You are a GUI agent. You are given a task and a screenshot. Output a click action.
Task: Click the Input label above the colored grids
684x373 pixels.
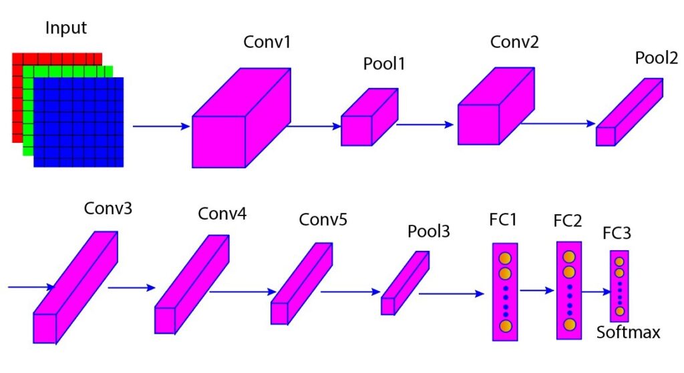coord(66,29)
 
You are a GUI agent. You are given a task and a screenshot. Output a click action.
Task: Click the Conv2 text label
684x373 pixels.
coord(514,42)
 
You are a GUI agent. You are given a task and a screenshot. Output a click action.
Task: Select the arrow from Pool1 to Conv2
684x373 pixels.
coord(425,124)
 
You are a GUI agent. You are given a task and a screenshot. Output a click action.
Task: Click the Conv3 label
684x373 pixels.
coord(108,208)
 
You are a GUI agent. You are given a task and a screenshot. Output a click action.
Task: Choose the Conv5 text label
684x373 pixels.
coord(323,220)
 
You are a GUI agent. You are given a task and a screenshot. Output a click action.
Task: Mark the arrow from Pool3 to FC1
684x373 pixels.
coord(451,293)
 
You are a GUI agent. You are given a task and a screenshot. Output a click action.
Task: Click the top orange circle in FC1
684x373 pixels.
coord(505,258)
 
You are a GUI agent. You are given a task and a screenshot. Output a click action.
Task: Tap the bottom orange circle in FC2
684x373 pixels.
coord(569,324)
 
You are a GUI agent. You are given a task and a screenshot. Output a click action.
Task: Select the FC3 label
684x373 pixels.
coord(617,234)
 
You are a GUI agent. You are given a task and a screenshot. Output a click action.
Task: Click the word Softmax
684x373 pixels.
coord(628,332)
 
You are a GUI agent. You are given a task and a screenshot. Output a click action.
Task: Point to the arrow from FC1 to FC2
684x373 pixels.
coord(538,291)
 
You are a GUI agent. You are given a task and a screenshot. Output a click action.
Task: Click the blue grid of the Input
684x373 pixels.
coord(79,122)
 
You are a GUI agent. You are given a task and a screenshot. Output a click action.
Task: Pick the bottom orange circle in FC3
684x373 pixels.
coord(620,312)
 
